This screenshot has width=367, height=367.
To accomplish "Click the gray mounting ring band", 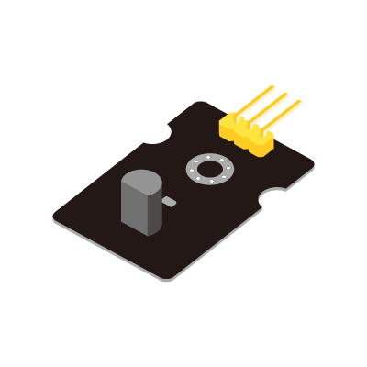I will coord(195,171).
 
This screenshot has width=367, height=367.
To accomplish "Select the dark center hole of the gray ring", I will coord(209,170).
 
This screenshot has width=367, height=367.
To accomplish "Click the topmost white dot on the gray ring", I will coord(211,158).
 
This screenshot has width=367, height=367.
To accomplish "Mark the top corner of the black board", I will coord(200,101).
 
